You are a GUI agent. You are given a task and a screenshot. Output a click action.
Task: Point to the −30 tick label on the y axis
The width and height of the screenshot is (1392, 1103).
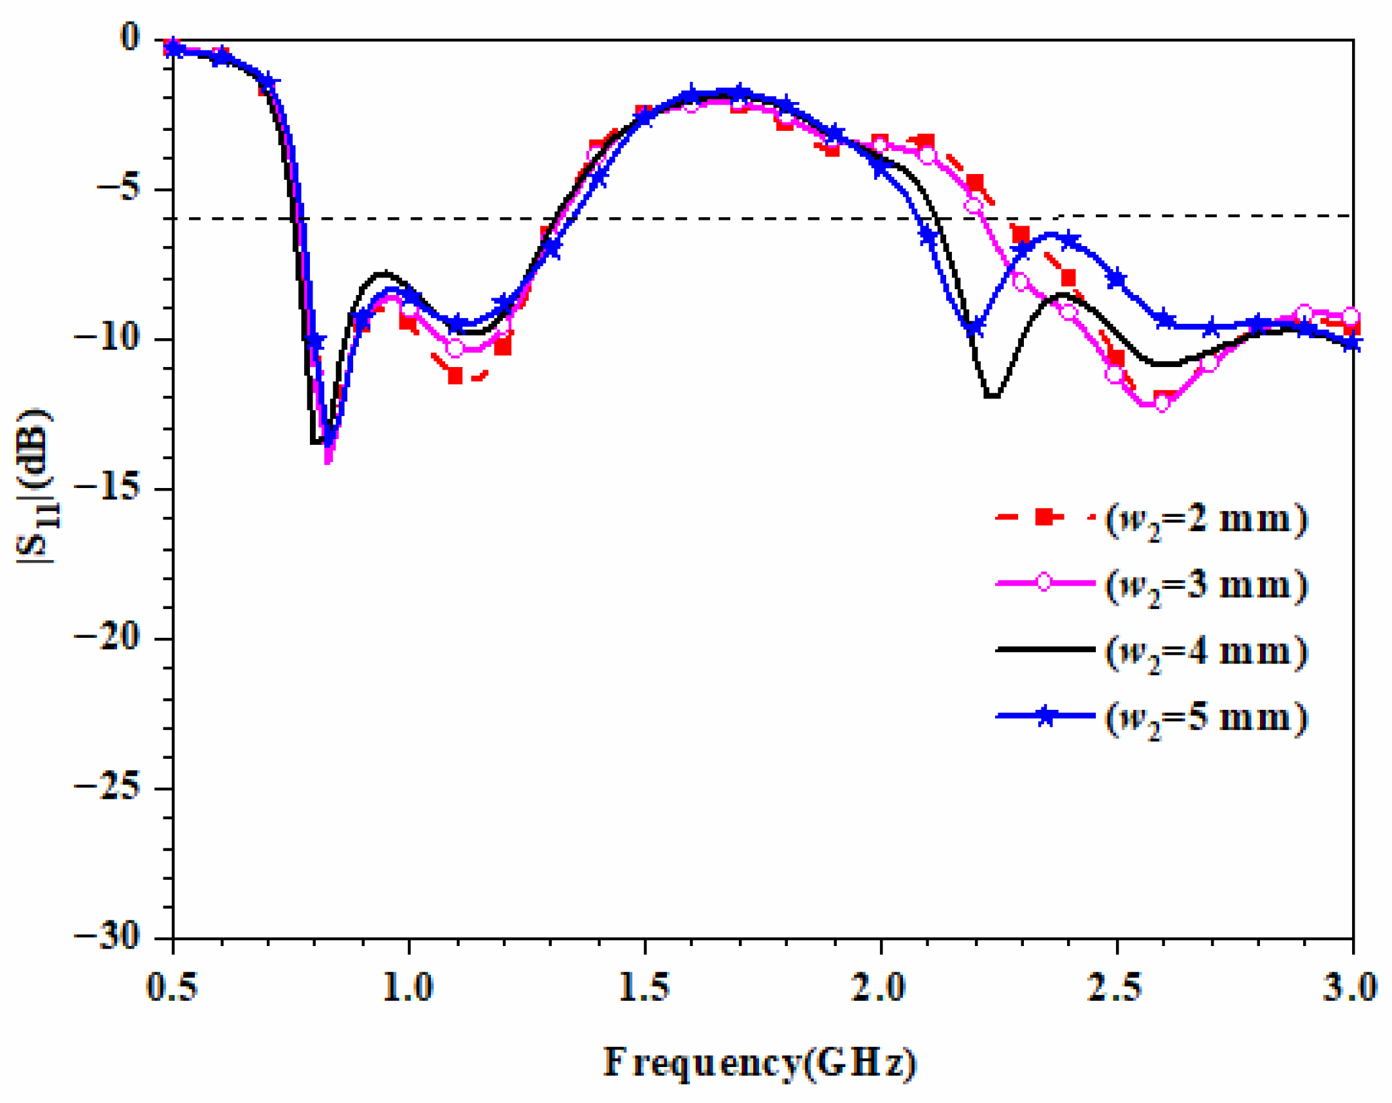tap(108, 936)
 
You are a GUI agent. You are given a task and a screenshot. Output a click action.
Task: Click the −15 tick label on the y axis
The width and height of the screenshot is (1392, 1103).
tap(108, 487)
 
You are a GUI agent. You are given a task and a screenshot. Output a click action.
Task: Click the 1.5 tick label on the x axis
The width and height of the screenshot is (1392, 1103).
tap(644, 987)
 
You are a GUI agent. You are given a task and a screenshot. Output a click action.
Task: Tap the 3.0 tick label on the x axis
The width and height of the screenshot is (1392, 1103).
tap(1351, 987)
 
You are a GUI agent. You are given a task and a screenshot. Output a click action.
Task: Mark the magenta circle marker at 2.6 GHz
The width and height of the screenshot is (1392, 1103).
tap(1162, 404)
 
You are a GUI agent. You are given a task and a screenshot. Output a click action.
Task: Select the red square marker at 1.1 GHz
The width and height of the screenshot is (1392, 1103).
tap(455, 376)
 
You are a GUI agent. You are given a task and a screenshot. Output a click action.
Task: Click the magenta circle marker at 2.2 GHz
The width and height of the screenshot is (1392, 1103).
tap(974, 206)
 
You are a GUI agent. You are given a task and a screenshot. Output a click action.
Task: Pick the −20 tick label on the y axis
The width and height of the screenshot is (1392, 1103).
tap(108, 637)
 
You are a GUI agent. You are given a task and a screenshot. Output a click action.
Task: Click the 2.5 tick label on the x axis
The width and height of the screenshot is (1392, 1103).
tap(1115, 987)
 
